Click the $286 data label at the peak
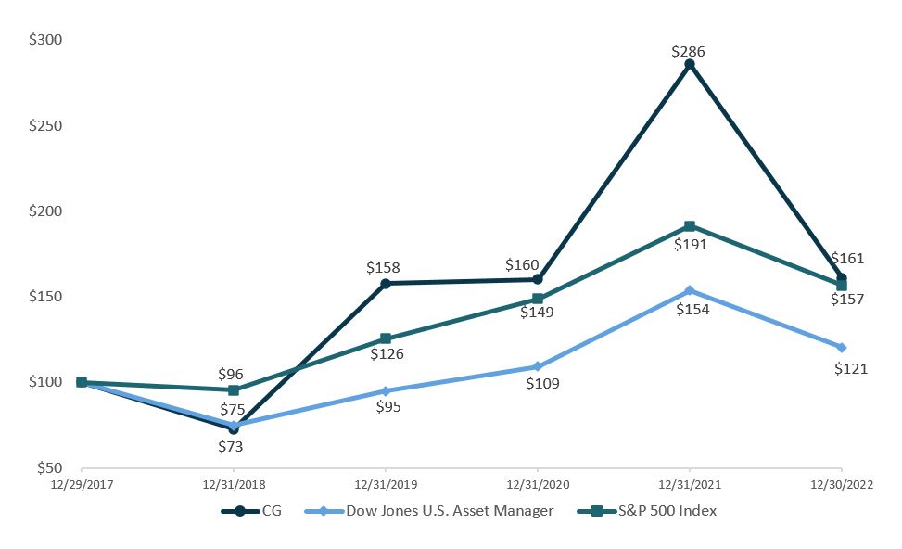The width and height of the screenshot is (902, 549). coord(689,52)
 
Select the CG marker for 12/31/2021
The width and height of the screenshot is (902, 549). coord(689,65)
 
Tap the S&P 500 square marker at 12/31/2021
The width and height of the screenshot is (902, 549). coord(689,226)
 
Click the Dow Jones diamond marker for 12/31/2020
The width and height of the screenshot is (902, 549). coord(538,366)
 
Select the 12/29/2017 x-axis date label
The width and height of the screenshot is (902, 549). coord(82,483)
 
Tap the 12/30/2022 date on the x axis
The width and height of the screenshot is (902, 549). coord(841,483)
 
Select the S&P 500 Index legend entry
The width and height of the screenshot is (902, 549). coord(656,510)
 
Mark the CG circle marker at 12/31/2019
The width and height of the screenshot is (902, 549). coord(386,283)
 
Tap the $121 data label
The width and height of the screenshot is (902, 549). coord(850,368)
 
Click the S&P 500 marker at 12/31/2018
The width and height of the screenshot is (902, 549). coord(234,389)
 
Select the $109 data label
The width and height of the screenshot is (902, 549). coord(543,382)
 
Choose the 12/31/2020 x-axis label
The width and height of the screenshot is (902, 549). coord(538,483)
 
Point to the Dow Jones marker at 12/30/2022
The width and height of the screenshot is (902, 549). coord(841,347)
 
